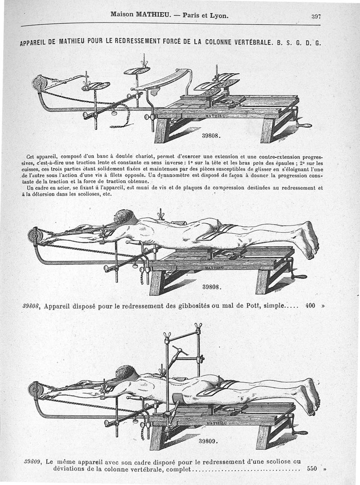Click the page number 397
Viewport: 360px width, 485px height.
point(316,16)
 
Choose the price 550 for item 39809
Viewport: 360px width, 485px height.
point(312,468)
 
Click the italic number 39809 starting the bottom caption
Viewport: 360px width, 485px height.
point(32,461)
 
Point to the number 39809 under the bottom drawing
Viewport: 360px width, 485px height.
point(208,441)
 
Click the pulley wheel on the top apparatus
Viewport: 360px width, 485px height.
point(38,84)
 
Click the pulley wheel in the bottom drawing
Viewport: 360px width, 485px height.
point(35,389)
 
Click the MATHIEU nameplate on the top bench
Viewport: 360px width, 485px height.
point(216,116)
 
